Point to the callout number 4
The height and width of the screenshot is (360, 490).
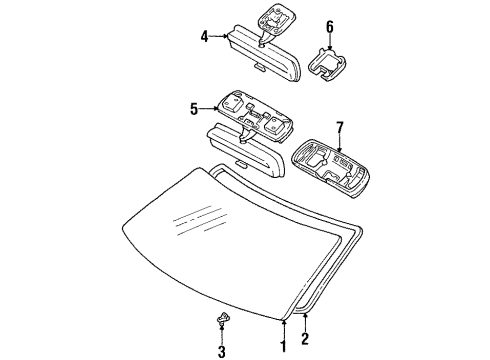pyautogui.click(x=204, y=36)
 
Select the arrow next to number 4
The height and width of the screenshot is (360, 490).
pyautogui.click(x=218, y=36)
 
